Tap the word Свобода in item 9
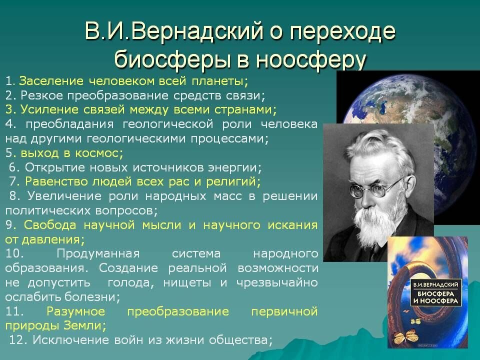[x=50, y=225]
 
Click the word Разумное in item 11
[x=75, y=311]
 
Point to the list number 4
[x=9, y=124]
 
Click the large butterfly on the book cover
[x=404, y=336]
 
